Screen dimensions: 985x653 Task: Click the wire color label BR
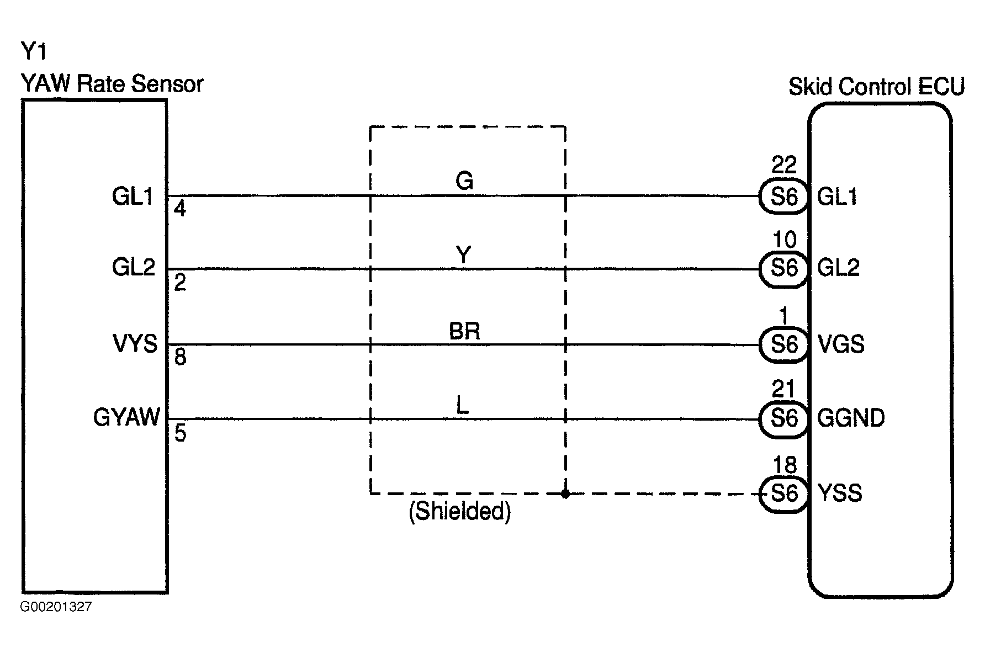pos(464,331)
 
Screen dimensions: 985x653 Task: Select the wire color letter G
pos(464,180)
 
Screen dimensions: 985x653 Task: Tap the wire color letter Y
pos(464,255)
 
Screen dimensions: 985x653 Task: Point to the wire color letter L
pos(463,406)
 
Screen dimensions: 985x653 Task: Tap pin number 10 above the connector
pos(784,240)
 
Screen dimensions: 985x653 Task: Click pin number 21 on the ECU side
pos(784,390)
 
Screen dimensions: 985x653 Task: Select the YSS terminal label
pos(839,493)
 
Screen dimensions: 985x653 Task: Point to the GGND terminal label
pos(851,418)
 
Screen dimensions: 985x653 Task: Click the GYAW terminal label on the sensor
pos(127,417)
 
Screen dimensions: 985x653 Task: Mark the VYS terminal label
pos(135,343)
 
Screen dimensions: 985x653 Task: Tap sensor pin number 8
pos(180,358)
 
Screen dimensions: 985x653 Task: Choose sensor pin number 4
pos(180,209)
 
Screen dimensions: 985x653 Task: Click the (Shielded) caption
pos(459,512)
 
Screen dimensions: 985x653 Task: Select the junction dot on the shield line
pos(565,493)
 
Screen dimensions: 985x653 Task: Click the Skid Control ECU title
pos(876,87)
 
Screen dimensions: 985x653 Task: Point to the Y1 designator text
pos(34,52)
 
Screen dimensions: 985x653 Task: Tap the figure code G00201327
pos(56,607)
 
